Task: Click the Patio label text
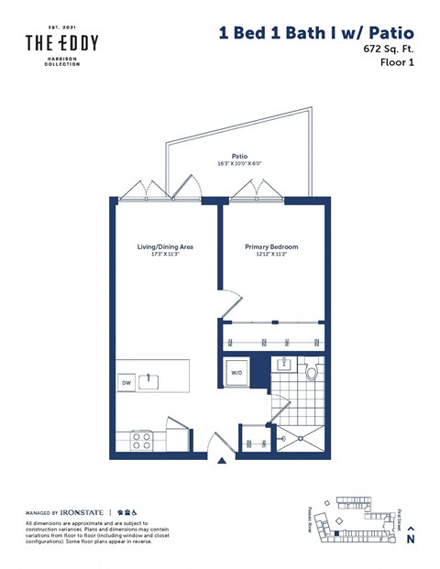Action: (x=240, y=156)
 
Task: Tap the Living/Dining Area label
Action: (x=164, y=247)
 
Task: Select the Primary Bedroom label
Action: (x=271, y=247)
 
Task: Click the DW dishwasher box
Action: (x=127, y=383)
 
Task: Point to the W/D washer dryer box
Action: (x=236, y=373)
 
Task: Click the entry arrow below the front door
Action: (x=220, y=462)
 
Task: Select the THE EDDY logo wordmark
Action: (x=61, y=44)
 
